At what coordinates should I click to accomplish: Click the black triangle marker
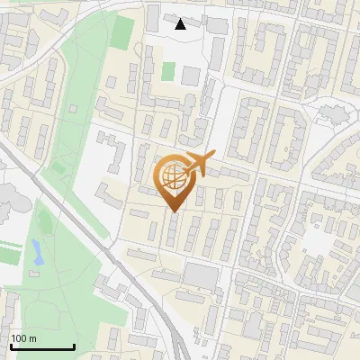tap(181, 24)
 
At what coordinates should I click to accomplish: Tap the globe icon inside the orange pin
tap(174, 176)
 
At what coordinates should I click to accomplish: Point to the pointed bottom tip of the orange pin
tap(174, 211)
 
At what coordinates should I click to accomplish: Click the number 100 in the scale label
tap(20, 338)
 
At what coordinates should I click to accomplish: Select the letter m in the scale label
tap(33, 338)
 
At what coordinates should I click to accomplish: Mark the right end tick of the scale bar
tap(73, 346)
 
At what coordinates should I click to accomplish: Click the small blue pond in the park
tap(36, 251)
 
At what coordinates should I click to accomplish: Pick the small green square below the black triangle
tap(168, 70)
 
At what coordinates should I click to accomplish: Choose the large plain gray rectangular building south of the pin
tap(202, 276)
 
